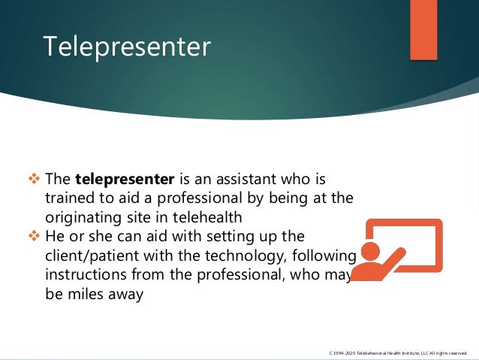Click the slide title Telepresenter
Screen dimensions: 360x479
coord(127,46)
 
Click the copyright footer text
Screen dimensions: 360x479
coord(399,352)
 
